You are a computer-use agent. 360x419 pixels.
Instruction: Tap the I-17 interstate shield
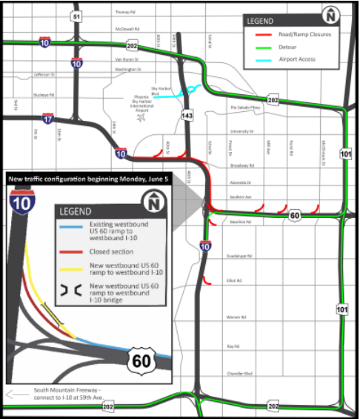click(x=47, y=119)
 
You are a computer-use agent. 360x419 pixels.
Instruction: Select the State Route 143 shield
click(x=187, y=116)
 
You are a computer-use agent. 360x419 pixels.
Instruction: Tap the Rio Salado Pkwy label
click(x=246, y=108)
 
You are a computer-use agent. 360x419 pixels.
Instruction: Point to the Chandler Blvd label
click(x=239, y=373)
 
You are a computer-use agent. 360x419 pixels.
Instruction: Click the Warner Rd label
click(x=236, y=317)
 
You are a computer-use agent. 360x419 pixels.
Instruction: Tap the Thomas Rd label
click(x=125, y=12)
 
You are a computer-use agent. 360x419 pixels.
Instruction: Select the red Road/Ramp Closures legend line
click(x=263, y=34)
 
